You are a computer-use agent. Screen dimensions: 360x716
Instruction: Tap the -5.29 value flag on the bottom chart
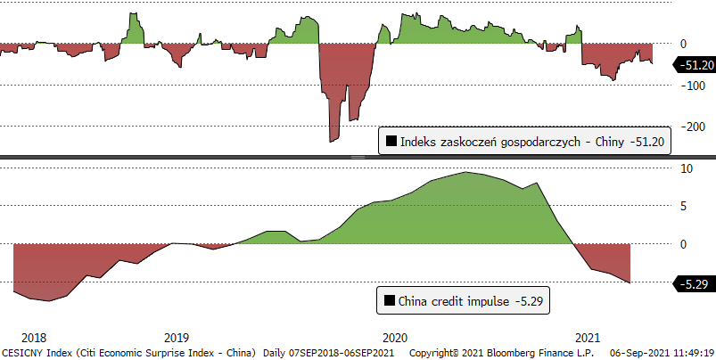coord(691,284)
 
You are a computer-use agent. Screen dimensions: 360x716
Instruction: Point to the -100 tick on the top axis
coord(688,85)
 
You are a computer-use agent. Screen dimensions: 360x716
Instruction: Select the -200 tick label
coord(688,127)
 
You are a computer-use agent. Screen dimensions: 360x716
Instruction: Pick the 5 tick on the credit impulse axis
coord(683,206)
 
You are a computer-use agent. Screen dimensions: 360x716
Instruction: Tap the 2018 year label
coord(33,338)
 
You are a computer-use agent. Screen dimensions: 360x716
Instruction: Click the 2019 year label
coord(177,338)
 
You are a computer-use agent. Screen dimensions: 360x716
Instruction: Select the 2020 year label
coord(394,338)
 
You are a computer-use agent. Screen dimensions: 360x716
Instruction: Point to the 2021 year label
coord(587,338)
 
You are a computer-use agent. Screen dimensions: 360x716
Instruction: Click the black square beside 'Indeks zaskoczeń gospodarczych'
coord(390,141)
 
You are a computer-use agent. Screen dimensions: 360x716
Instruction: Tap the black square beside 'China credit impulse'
coord(388,301)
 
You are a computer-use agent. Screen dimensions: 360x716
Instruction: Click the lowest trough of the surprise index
coord(333,140)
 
